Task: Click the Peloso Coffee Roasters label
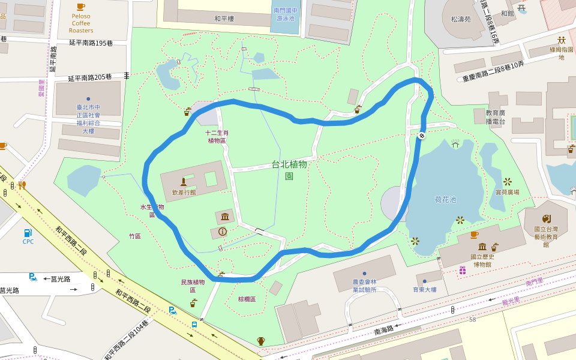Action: click(x=81, y=23)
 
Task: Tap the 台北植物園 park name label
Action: click(x=289, y=170)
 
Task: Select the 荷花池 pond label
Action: click(x=445, y=199)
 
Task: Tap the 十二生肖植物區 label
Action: click(x=217, y=136)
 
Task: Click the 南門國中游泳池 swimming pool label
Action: click(x=284, y=14)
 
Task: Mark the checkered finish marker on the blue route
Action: click(x=422, y=136)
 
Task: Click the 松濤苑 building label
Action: click(x=460, y=19)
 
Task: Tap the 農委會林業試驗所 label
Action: click(x=364, y=286)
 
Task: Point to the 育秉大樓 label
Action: click(x=424, y=290)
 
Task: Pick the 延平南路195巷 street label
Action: click(x=91, y=43)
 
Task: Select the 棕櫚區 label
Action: click(x=247, y=299)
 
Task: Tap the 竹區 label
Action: click(x=135, y=236)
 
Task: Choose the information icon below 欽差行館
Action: click(x=223, y=231)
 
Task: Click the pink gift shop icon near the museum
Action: click(x=463, y=271)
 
